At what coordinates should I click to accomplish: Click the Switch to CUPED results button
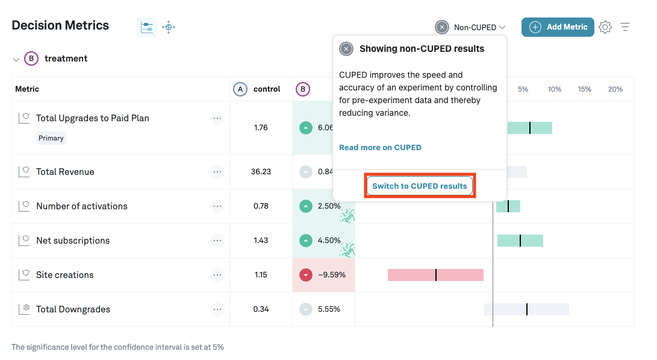pos(420,186)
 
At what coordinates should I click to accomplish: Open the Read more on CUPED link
pos(380,147)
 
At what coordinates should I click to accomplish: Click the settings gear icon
pos(605,27)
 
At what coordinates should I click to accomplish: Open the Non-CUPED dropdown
pos(471,27)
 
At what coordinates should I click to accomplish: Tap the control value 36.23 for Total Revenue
pos(261,172)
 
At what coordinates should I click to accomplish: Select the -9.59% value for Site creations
pos(331,275)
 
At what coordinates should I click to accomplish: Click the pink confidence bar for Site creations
pos(435,275)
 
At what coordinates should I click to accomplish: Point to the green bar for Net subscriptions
pos(520,241)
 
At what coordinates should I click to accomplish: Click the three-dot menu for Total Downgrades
pos(217,309)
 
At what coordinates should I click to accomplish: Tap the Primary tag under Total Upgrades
pos(51,138)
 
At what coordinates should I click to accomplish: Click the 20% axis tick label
pos(615,89)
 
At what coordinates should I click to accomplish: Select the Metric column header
pos(27,89)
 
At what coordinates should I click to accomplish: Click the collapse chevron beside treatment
pos(16,59)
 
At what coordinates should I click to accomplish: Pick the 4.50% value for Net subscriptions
pos(329,241)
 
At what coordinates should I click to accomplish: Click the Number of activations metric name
pos(82,206)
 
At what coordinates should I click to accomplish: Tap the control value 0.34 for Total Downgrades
pos(261,309)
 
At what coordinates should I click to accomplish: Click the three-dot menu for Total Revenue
pos(217,172)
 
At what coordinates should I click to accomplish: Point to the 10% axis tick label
pos(554,89)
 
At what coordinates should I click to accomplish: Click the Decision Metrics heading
pos(60,25)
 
